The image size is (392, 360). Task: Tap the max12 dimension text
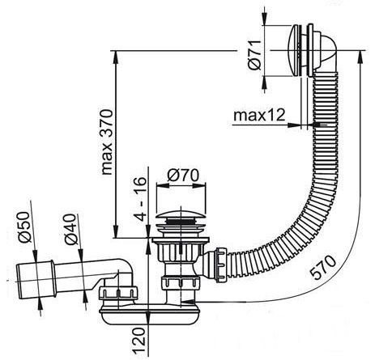259,116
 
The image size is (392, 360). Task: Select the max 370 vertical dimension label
107,142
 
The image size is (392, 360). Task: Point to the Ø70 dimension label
183,176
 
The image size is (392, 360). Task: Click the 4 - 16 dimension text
140,200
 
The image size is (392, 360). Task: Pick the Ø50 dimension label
23,227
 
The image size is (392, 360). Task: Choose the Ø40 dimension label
70,229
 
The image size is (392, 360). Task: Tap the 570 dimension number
323,268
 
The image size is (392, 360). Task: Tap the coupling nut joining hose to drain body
221,265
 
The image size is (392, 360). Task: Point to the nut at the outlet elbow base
118,294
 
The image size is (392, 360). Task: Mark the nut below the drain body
181,282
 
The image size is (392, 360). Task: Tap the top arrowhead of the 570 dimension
360,57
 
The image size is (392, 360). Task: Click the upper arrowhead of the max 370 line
116,57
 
